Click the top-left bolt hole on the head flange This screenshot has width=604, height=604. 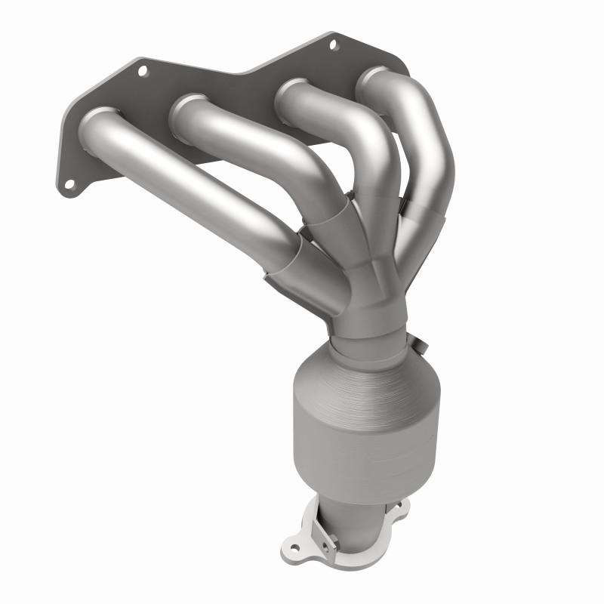[141, 71]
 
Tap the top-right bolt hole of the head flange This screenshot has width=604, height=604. [333, 45]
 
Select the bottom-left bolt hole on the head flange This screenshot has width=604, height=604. [69, 183]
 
